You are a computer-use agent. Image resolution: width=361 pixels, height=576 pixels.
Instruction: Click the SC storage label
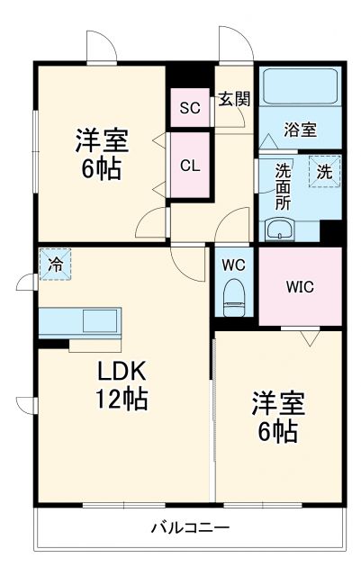(x=189, y=109)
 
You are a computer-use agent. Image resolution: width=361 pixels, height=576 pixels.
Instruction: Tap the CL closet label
(x=189, y=166)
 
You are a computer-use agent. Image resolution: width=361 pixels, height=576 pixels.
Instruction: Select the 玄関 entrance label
(x=234, y=99)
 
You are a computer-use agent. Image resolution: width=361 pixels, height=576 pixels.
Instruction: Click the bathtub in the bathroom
(x=301, y=88)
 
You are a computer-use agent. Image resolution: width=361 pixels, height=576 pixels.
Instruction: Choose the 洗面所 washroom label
(x=283, y=186)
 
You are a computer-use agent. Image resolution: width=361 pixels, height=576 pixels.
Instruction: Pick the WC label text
(x=235, y=265)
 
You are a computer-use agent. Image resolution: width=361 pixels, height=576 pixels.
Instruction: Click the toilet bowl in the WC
(x=235, y=294)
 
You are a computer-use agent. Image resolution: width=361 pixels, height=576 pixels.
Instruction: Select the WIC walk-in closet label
(x=301, y=287)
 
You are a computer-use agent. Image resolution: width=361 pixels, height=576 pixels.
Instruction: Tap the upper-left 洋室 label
(x=101, y=140)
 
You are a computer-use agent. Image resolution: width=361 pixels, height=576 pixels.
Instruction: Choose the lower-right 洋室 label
(x=278, y=404)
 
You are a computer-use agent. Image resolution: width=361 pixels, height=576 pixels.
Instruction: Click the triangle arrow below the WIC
(x=311, y=338)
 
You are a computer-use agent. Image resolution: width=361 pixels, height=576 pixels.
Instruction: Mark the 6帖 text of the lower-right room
(x=278, y=431)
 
